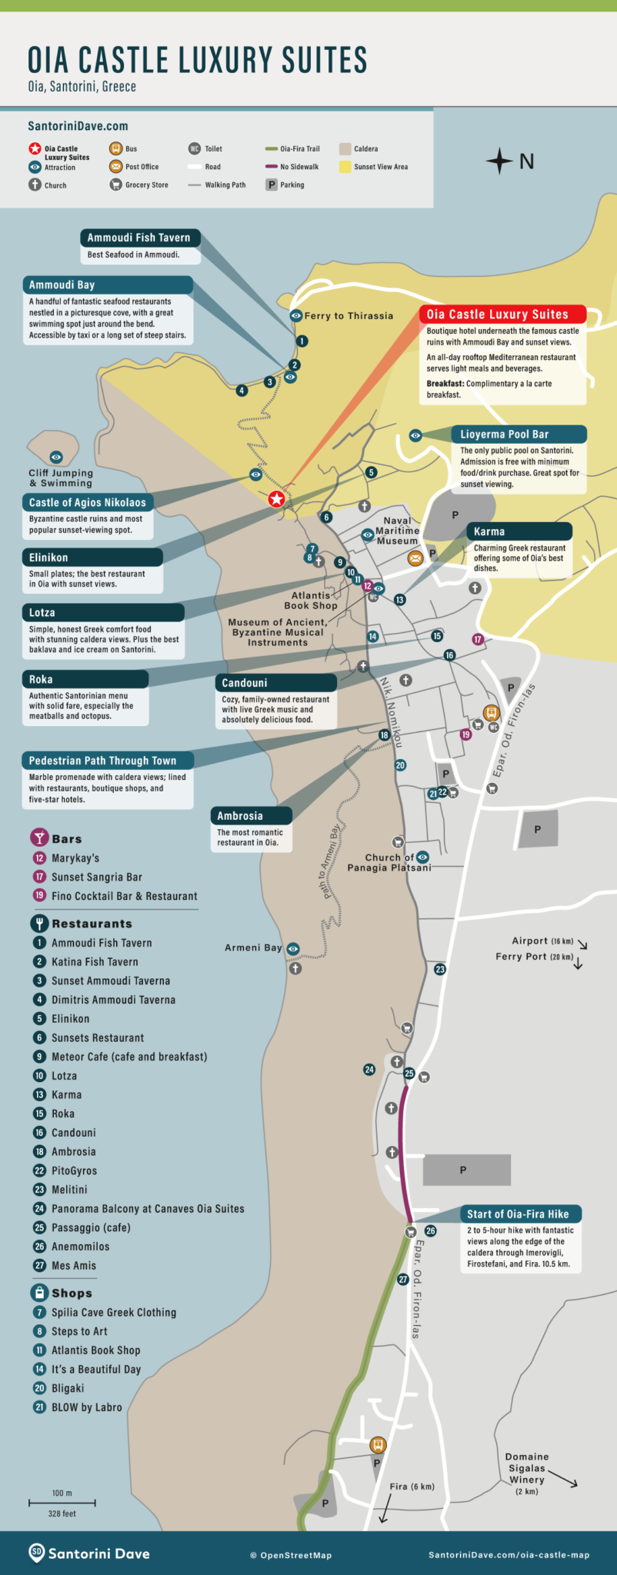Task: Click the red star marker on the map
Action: click(x=276, y=500)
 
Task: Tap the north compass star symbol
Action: click(x=499, y=161)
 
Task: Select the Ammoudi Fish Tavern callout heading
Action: click(x=138, y=238)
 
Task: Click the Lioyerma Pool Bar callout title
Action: click(x=505, y=435)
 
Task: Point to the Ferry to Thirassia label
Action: click(x=349, y=316)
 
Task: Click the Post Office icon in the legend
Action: click(x=115, y=167)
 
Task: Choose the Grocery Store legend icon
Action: click(x=115, y=185)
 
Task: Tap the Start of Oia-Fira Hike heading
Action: click(x=518, y=1214)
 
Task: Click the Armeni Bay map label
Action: click(x=253, y=948)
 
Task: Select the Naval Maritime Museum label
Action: click(x=397, y=531)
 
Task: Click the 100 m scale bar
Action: click(x=62, y=1502)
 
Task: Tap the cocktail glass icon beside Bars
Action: click(x=38, y=838)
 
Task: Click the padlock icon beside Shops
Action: click(x=38, y=1293)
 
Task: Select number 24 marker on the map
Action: click(x=369, y=1070)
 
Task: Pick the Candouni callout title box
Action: click(x=275, y=683)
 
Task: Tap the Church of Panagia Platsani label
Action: click(x=389, y=862)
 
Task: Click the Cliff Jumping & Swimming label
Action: click(x=61, y=478)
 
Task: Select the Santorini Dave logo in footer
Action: click(x=89, y=1553)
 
